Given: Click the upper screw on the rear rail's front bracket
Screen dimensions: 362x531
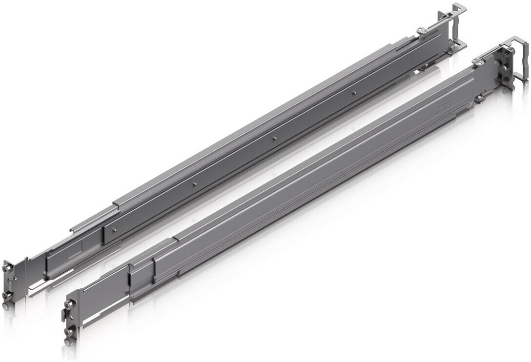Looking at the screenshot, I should point(7,268).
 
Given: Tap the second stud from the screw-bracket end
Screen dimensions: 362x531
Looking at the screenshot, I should point(194,183).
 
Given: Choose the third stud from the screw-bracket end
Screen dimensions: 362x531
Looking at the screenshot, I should point(275,139).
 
